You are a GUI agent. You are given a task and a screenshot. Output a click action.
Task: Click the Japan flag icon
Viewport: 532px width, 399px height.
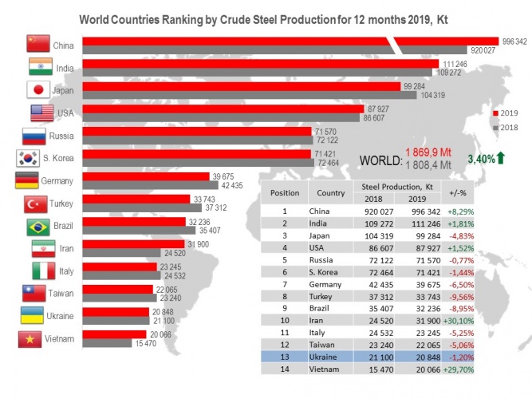tap(38, 89)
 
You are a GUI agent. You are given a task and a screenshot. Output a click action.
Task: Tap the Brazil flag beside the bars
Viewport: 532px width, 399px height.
tap(38, 227)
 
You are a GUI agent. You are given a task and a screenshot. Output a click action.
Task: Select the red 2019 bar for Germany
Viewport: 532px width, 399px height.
tap(146, 176)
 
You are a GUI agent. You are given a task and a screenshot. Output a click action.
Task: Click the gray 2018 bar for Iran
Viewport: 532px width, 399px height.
tap(121, 253)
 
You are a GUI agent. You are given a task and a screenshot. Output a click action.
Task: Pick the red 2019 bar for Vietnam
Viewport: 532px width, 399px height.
tap(114, 334)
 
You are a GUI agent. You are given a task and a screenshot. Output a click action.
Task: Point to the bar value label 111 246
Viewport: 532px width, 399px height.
tap(455, 64)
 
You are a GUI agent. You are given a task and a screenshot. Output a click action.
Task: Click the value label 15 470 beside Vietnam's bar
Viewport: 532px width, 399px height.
tap(146, 343)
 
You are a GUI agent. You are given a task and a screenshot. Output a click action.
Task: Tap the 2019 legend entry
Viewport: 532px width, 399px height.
tap(506, 113)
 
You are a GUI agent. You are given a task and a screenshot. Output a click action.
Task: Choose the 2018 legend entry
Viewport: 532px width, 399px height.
tap(506, 128)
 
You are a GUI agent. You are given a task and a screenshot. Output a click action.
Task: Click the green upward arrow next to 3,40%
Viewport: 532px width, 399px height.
tap(501, 158)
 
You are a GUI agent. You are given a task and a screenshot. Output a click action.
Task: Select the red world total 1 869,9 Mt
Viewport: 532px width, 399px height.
tap(428, 152)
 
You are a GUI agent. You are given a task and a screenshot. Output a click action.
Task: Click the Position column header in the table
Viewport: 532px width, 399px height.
tap(285, 193)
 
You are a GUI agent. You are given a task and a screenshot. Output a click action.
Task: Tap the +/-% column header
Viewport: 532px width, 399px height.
tap(458, 193)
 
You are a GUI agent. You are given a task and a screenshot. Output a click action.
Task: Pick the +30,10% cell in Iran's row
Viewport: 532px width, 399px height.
tap(458, 321)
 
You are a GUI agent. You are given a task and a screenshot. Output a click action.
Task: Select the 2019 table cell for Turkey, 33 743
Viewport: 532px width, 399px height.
tap(428, 297)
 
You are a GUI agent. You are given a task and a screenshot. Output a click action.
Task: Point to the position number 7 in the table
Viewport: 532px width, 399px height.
tap(285, 284)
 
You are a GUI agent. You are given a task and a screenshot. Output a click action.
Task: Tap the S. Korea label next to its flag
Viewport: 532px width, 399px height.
tap(58, 158)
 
